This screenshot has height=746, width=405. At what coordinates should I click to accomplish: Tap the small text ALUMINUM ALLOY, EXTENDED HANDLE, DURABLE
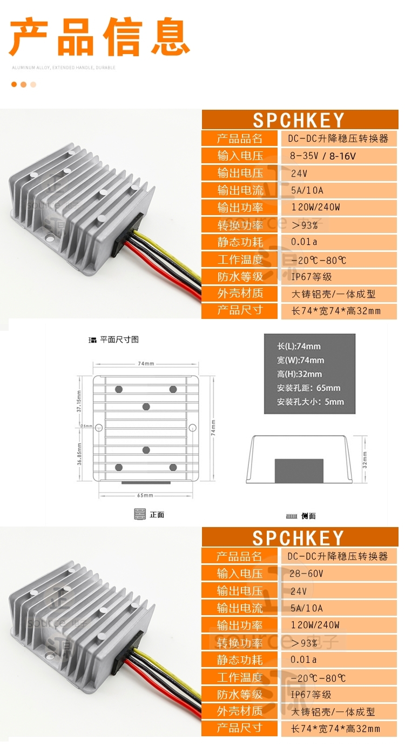click(64, 68)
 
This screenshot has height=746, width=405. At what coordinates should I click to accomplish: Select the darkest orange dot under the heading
click(14, 84)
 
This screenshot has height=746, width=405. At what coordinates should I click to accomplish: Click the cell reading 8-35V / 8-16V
click(323, 156)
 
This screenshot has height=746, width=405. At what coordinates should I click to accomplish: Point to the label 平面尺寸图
click(119, 339)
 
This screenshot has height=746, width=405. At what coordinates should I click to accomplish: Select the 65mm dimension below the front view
click(145, 495)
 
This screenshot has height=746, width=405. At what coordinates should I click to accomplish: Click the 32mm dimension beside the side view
click(364, 459)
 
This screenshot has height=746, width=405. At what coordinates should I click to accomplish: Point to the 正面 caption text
click(157, 515)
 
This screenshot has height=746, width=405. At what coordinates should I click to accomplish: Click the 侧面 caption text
click(308, 516)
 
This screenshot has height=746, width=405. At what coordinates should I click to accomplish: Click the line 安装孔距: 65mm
click(308, 388)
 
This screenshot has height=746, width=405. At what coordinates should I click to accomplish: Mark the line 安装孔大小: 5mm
click(310, 402)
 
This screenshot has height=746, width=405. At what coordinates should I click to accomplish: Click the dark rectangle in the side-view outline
click(299, 470)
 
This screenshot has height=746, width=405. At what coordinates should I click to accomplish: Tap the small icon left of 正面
click(140, 515)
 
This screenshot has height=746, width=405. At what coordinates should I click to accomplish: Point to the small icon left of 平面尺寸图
click(92, 340)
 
